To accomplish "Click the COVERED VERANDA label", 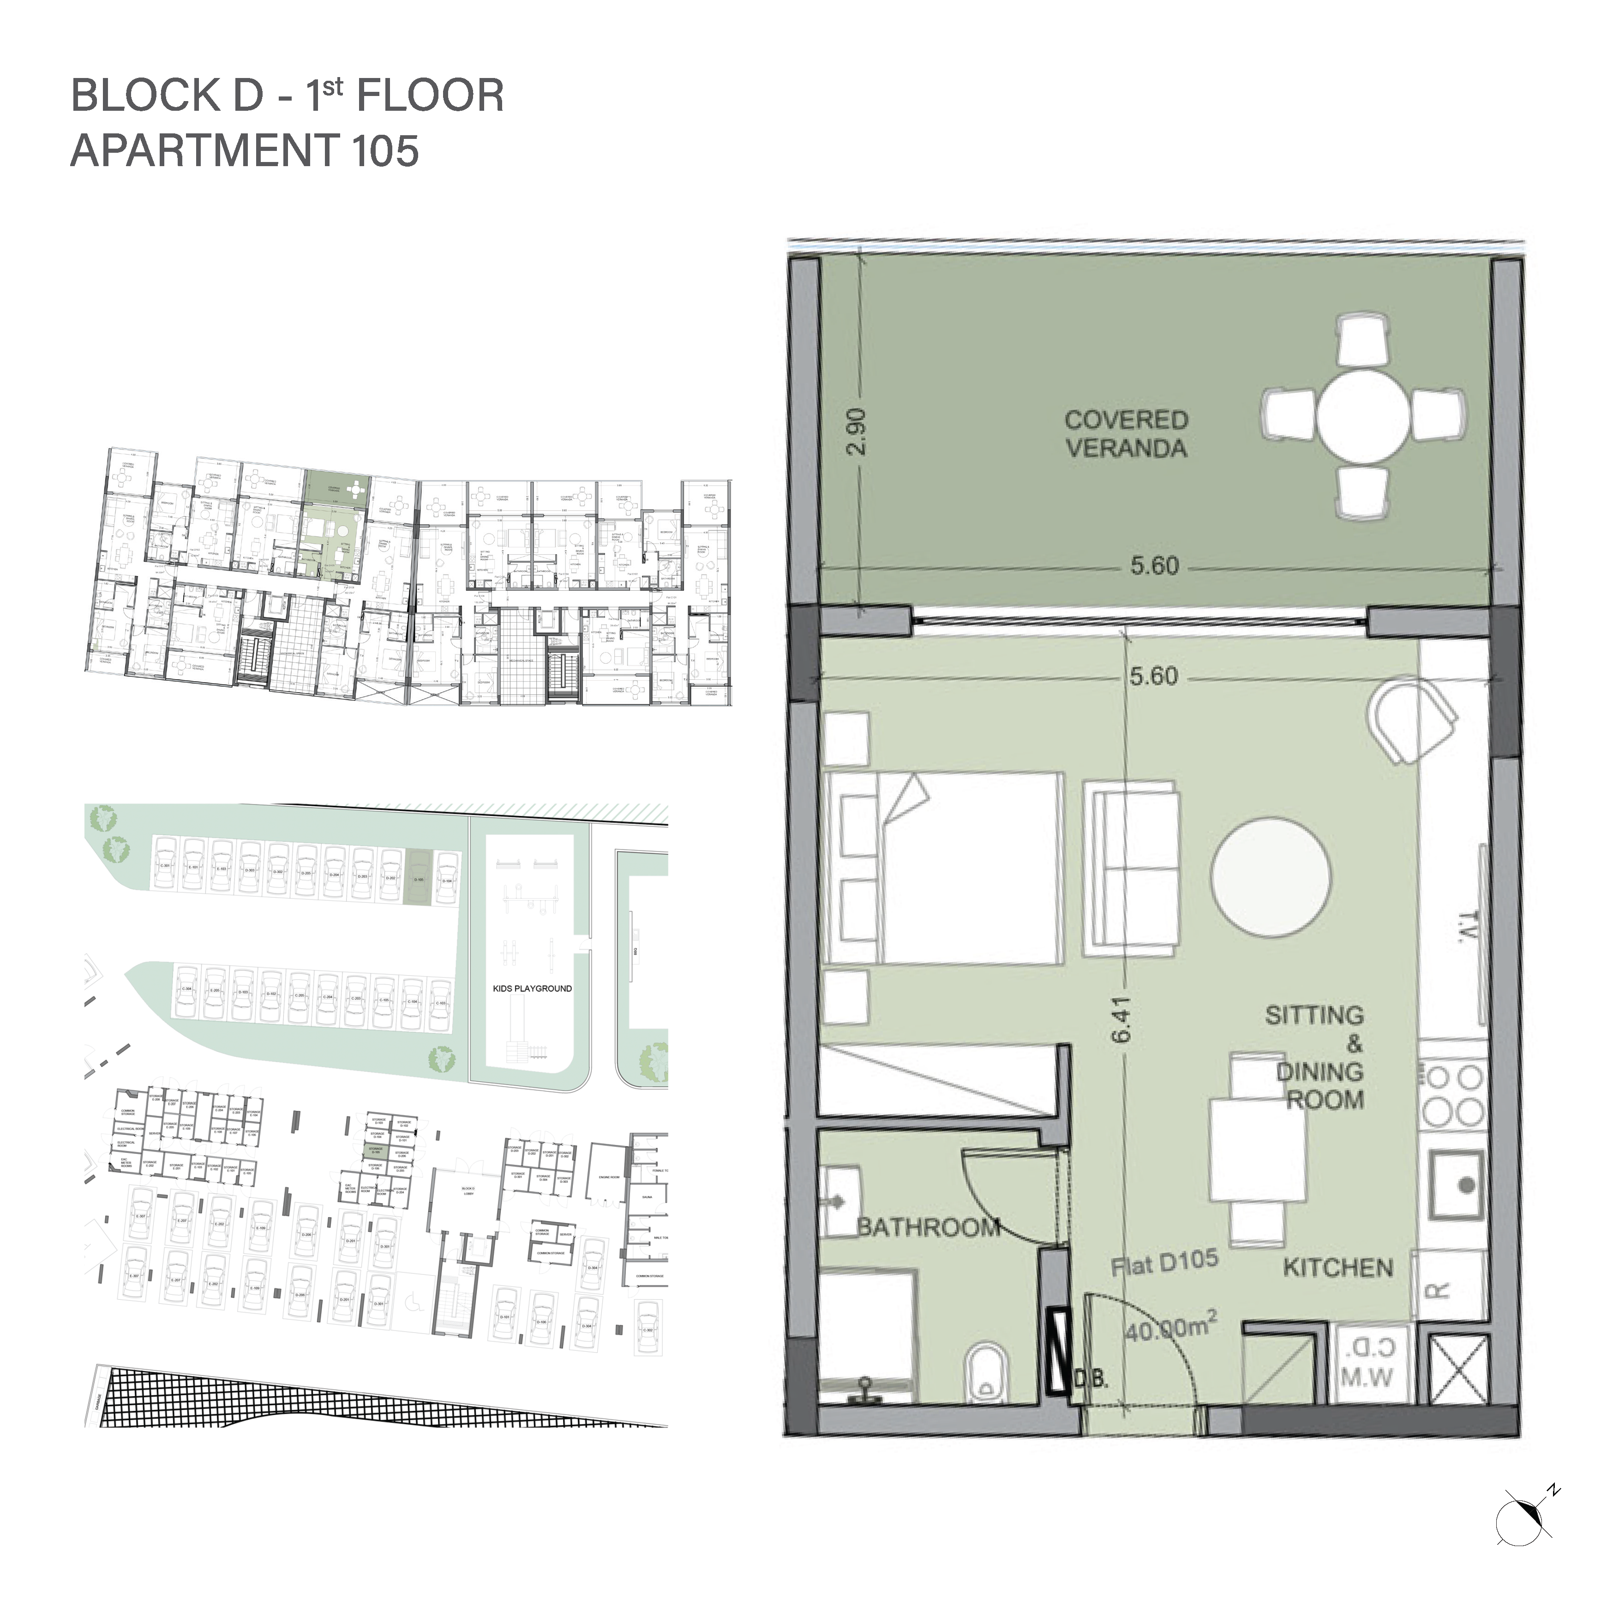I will pos(1126,434).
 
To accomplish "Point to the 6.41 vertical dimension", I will pos(1123,1019).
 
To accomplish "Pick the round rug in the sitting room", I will pos(1271,877).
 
